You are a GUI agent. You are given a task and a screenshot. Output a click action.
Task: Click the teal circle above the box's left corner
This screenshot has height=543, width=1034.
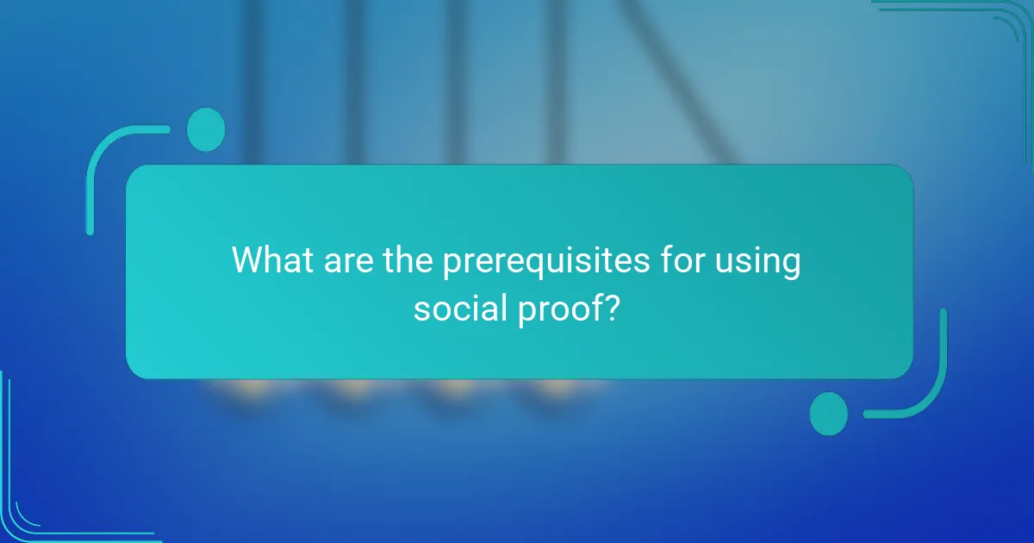[x=206, y=129]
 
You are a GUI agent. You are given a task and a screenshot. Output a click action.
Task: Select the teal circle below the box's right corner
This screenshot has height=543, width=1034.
[x=829, y=413]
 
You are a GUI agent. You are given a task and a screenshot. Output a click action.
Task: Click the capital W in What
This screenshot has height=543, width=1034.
[x=250, y=260]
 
